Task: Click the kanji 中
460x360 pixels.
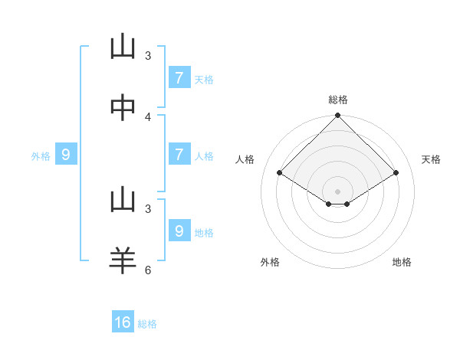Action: tap(123, 108)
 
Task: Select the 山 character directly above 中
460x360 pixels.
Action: tap(123, 47)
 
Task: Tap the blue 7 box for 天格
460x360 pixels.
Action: tap(179, 77)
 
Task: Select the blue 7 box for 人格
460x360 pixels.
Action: tap(179, 155)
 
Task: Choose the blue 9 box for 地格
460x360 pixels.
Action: tap(179, 231)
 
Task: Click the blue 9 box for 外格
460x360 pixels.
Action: tap(66, 155)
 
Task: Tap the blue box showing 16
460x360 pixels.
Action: tap(123, 322)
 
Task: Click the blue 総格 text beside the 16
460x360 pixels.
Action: tap(147, 324)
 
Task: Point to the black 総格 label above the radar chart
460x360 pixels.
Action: tap(338, 100)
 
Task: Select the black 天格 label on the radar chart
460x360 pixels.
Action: tap(431, 159)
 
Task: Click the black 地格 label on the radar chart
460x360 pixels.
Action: tap(402, 262)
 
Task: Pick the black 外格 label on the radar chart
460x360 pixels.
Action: tap(270, 262)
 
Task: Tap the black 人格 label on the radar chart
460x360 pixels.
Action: tap(245, 159)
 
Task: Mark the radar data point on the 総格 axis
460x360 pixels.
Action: tap(338, 116)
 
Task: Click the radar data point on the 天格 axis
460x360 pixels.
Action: tap(396, 173)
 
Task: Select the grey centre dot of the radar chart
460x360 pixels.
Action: tap(338, 191)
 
